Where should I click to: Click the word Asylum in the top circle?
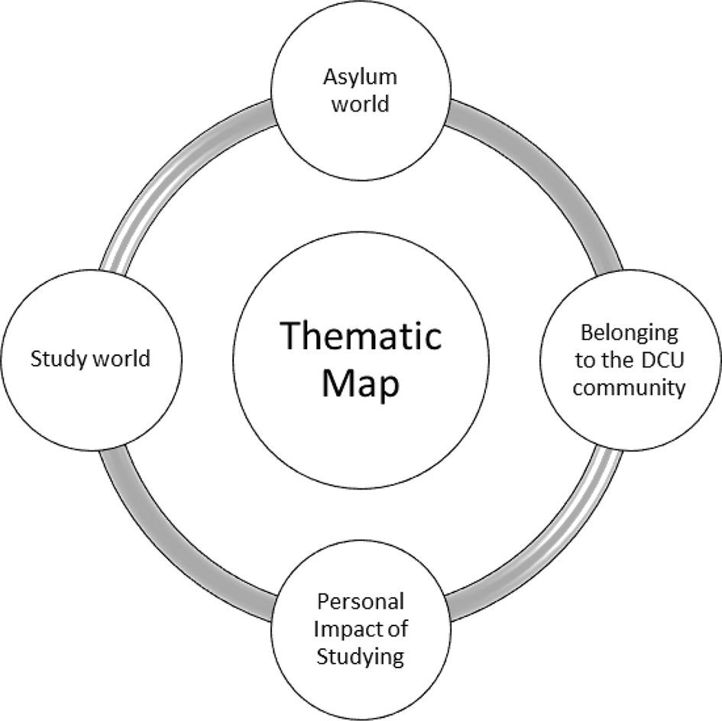361,78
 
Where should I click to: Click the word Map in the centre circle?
361,383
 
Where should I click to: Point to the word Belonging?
629,333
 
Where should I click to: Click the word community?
629,387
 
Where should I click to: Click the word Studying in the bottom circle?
361,656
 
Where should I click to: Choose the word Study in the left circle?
56,359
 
